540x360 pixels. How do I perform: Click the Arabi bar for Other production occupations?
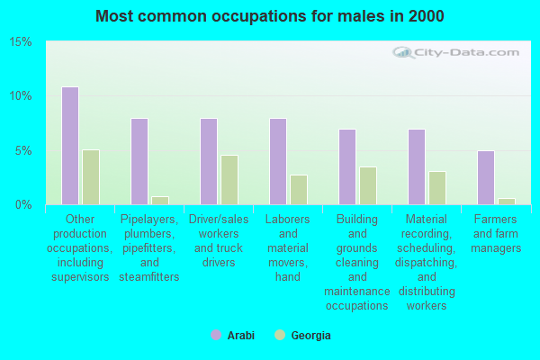[x=70, y=146]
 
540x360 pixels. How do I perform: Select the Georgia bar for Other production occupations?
[x=90, y=177]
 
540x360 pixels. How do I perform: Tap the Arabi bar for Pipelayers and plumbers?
[x=139, y=161]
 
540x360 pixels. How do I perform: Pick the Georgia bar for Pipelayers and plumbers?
[x=159, y=200]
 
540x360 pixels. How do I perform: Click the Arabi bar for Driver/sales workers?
[x=209, y=161]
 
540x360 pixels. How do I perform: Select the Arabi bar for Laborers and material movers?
[x=278, y=161]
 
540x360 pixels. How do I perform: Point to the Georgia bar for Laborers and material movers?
[x=298, y=190]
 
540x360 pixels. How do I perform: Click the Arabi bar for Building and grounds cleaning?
[x=347, y=166]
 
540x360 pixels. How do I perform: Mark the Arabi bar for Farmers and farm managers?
[x=486, y=177]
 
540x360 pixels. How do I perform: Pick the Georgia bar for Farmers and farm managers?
[x=506, y=201]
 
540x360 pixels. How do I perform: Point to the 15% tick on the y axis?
[x=21, y=42]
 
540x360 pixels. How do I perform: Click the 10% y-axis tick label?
[x=21, y=96]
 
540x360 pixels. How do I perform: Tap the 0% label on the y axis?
[x=23, y=204]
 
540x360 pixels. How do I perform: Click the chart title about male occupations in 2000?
[x=270, y=16]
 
